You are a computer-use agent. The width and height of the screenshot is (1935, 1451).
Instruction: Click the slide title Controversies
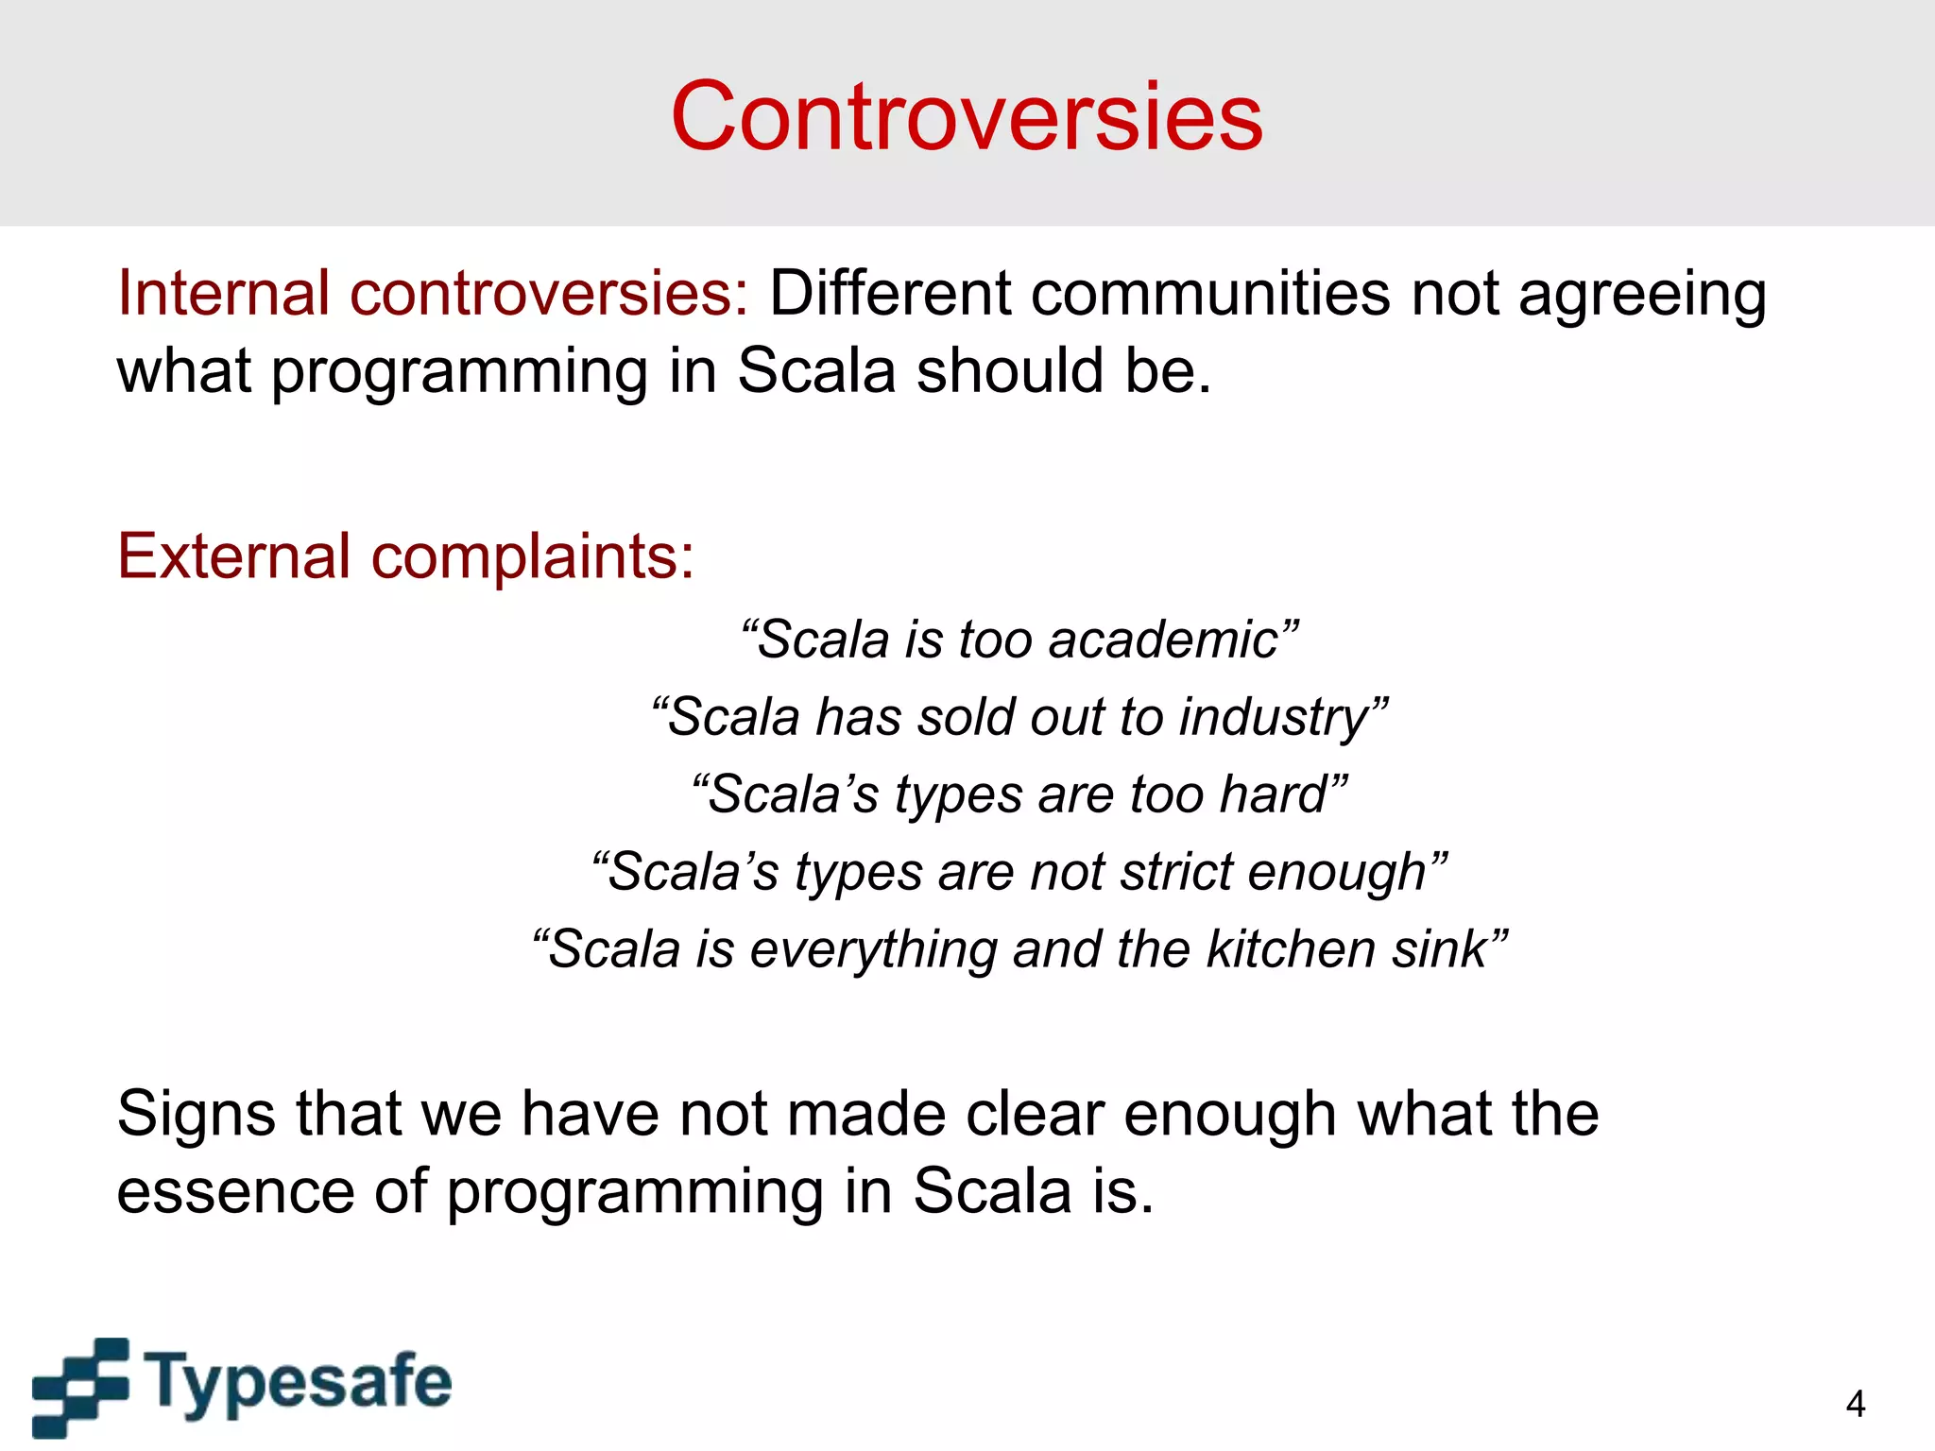click(x=967, y=116)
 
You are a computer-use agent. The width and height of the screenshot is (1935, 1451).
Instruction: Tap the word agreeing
click(x=1642, y=295)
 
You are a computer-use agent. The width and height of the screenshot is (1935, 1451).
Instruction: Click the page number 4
click(x=1855, y=1404)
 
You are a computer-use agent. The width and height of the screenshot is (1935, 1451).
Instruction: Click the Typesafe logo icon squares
click(x=80, y=1386)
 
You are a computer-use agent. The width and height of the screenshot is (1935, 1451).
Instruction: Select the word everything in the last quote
click(x=873, y=950)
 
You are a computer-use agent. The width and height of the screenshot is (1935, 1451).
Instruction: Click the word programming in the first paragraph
click(x=459, y=371)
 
